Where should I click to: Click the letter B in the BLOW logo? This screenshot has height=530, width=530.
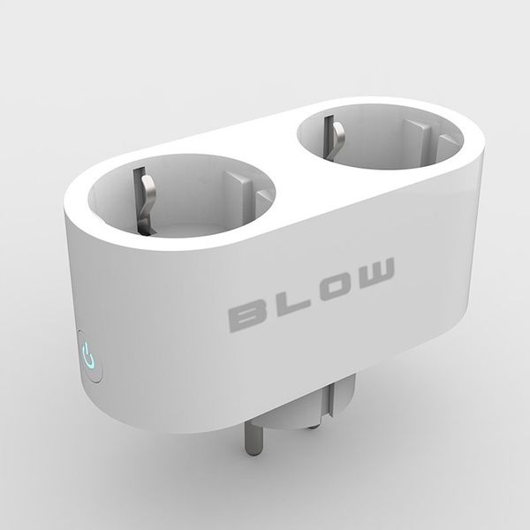(249, 314)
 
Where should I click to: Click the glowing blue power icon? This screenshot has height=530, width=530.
(87, 358)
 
